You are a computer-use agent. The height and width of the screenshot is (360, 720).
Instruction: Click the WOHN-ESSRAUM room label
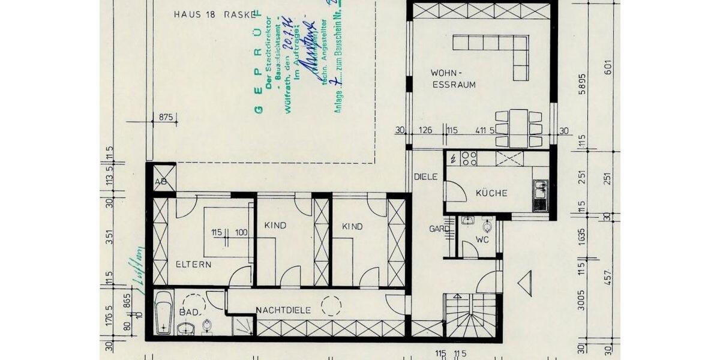(454, 79)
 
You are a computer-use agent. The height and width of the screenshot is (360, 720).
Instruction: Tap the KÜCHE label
(491, 193)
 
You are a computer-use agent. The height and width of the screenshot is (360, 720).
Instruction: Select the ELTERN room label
(194, 264)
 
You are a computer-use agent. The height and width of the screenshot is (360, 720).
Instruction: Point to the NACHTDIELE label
(283, 310)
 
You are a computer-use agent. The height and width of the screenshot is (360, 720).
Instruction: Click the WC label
(482, 239)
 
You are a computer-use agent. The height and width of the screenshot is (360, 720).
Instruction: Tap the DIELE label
(425, 177)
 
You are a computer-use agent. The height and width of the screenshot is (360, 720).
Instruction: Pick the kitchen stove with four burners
(469, 159)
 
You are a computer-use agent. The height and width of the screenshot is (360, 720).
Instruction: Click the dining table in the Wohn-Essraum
(518, 128)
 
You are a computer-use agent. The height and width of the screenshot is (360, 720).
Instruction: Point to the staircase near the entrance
(471, 318)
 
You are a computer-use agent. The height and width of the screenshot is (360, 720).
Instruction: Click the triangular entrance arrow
(524, 283)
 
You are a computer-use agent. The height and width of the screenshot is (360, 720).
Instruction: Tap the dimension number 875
(166, 118)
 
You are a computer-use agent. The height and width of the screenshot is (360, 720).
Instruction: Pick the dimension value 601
(608, 68)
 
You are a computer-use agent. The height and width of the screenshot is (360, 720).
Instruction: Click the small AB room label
(160, 181)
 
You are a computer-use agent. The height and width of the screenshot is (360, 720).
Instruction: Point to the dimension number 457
(608, 277)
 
